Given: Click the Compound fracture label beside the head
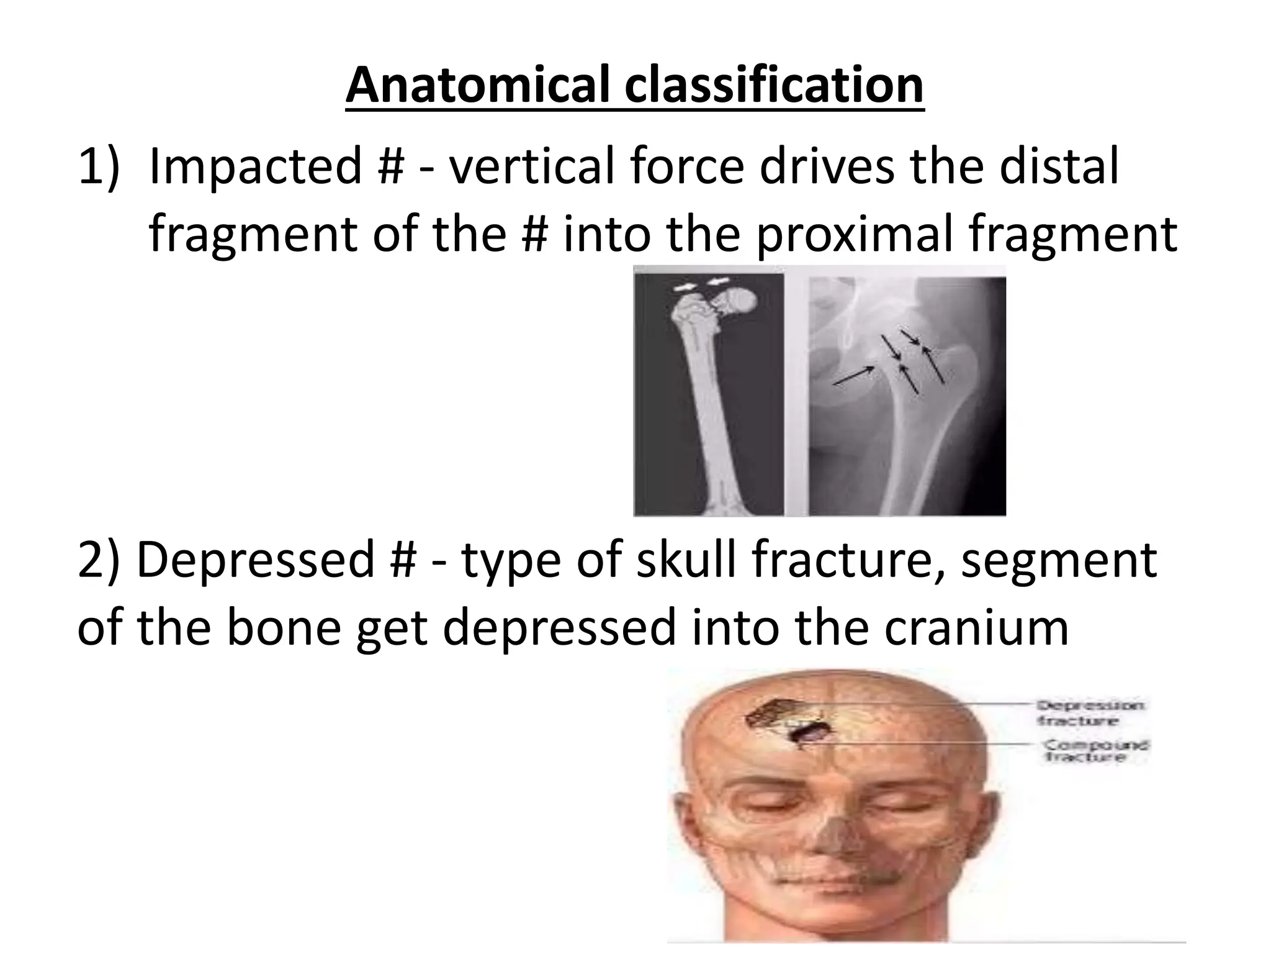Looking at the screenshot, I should point(1095,750).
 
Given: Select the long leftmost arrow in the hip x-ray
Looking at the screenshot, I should point(853,376).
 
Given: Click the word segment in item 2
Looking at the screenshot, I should point(1059,560).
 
